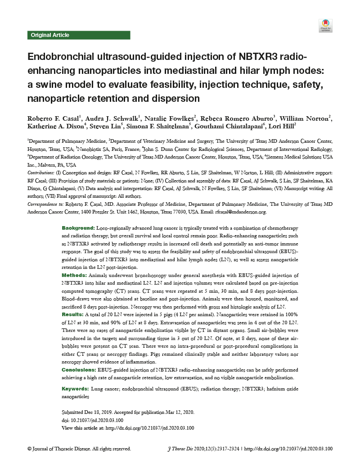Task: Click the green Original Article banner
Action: [x=79, y=35]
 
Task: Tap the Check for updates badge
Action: [x=325, y=26]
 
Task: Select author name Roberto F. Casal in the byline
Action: [x=54, y=119]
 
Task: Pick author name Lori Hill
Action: [x=281, y=128]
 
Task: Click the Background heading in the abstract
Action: [x=78, y=229]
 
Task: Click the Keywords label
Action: [x=75, y=388]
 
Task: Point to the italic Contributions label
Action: [x=41, y=173]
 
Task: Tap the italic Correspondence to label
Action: [x=45, y=204]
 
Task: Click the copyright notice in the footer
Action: [x=79, y=449]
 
